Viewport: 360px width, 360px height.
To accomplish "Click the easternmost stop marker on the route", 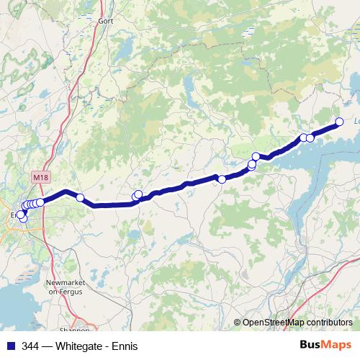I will click(x=340, y=122).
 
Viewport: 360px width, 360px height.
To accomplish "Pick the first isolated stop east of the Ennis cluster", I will click(x=81, y=198).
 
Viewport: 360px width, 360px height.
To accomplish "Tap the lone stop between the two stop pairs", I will click(x=222, y=179).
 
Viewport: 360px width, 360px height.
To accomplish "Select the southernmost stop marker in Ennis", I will click(x=24, y=219).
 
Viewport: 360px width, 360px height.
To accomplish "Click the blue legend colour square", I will click(x=10, y=345).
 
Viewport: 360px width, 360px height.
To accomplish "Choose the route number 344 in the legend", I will click(x=30, y=345).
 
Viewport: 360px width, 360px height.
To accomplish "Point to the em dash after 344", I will click(x=48, y=345).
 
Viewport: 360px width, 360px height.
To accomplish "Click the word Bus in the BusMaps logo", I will click(x=310, y=344).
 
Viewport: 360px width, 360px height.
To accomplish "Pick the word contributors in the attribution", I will click(x=330, y=323).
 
